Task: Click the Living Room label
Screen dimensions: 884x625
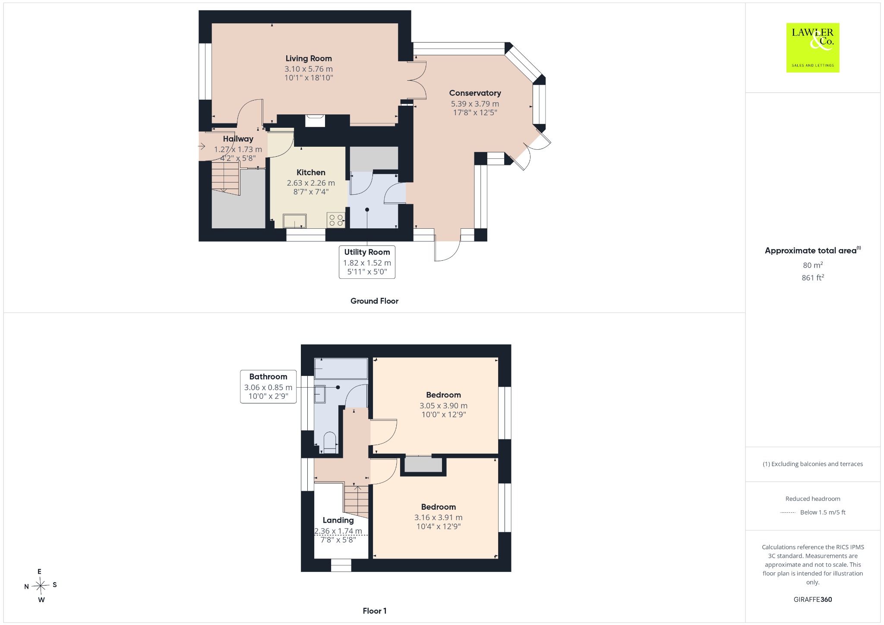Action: coord(309,58)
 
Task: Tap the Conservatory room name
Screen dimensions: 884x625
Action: coord(475,93)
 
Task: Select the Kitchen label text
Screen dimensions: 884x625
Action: coord(311,172)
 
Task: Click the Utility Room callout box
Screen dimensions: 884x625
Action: coord(367,262)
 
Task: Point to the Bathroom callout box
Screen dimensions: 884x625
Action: coord(268,387)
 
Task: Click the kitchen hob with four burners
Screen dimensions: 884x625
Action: coord(336,220)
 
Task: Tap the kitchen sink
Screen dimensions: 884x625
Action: coord(295,221)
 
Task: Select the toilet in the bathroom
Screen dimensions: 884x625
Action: coord(330,443)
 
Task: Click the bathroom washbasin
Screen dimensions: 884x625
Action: coord(320,394)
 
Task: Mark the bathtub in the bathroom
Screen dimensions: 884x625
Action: coord(341,369)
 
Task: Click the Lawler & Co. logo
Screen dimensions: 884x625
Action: coord(813,47)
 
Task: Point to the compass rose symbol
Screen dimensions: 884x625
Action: coord(40,586)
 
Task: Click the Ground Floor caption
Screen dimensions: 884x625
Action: coord(374,301)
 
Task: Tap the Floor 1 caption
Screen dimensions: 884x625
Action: coord(375,611)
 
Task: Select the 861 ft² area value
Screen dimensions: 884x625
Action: coord(813,278)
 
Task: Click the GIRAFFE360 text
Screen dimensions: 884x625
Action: coord(813,599)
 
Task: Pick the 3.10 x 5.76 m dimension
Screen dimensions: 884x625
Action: coord(309,69)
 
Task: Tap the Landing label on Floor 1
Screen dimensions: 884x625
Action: coord(338,520)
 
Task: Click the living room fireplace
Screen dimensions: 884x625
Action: coord(315,120)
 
